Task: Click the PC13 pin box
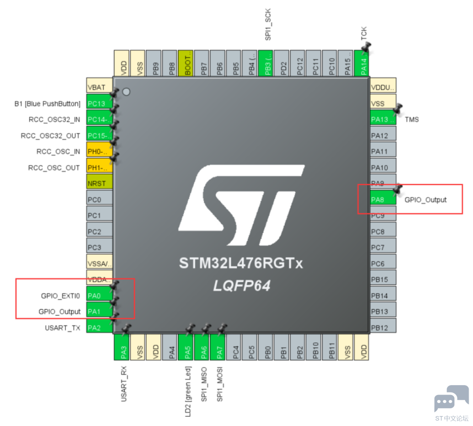[99, 103]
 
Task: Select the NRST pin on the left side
[99, 183]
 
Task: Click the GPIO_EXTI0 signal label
[60, 296]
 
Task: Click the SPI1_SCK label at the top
[268, 25]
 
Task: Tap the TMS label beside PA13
[412, 120]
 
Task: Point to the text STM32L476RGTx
[240, 264]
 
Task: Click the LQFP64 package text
[241, 286]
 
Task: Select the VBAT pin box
[99, 87]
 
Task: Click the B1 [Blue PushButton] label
[47, 104]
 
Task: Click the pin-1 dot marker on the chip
[126, 92]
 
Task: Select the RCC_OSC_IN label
[58, 152]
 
